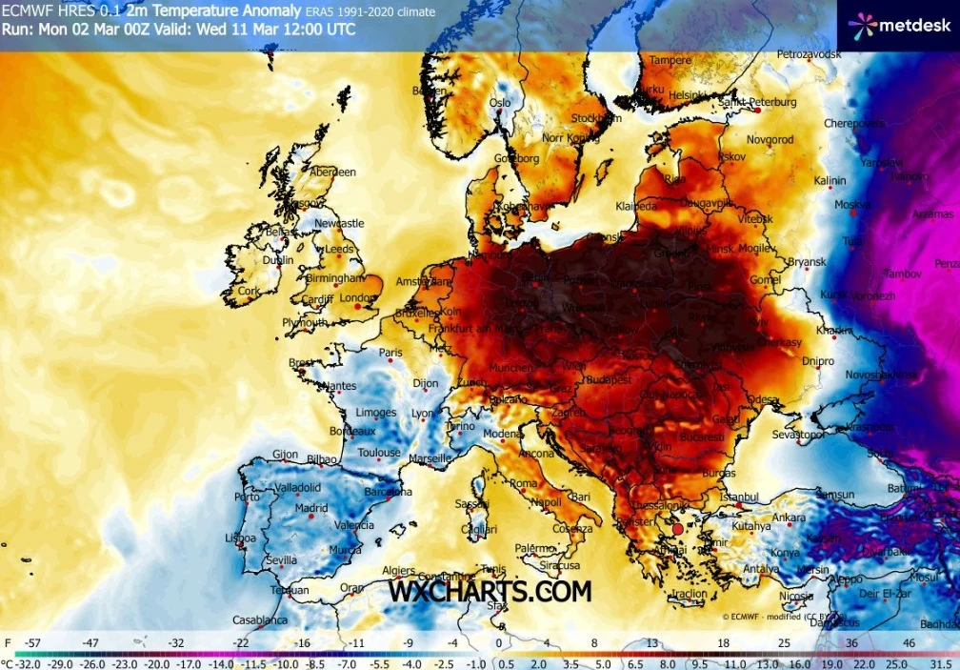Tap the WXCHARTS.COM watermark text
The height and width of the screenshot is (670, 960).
[x=490, y=591]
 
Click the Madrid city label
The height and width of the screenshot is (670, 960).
[x=311, y=508]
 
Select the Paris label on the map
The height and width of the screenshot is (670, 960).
[x=391, y=353]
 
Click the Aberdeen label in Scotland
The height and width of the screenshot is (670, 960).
[x=333, y=173]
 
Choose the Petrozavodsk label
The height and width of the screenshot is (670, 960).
[x=810, y=55]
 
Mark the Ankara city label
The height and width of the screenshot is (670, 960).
[x=789, y=518]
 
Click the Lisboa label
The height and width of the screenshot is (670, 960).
[x=240, y=538]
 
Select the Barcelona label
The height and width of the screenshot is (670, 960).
[x=388, y=493]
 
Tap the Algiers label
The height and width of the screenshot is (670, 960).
[x=399, y=570]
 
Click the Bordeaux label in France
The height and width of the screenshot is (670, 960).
[x=351, y=431]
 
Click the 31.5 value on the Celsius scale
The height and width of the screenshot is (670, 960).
[x=940, y=662]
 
